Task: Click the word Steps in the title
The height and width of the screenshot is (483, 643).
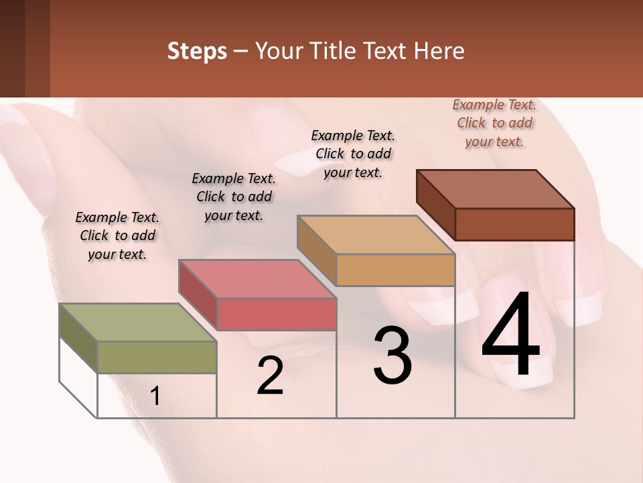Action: pos(197,51)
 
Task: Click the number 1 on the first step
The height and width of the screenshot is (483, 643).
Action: pos(155,396)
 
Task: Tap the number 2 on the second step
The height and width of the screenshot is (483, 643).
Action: pos(270,376)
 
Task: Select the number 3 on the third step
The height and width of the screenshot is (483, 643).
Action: pos(392,356)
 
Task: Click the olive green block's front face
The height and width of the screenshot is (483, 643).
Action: pos(157,357)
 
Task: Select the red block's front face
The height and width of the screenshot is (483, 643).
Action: pos(276,314)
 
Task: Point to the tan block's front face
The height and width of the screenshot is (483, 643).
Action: pos(395,270)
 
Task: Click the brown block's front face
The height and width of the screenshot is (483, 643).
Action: pos(514,224)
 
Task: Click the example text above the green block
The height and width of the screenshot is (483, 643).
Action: pos(117,235)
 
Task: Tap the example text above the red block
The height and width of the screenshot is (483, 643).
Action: pos(234,197)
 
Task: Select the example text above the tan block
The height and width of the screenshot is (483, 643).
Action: pos(353,154)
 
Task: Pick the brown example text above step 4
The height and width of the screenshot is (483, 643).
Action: pos(494,123)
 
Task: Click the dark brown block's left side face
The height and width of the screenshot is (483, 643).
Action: pos(435,205)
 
